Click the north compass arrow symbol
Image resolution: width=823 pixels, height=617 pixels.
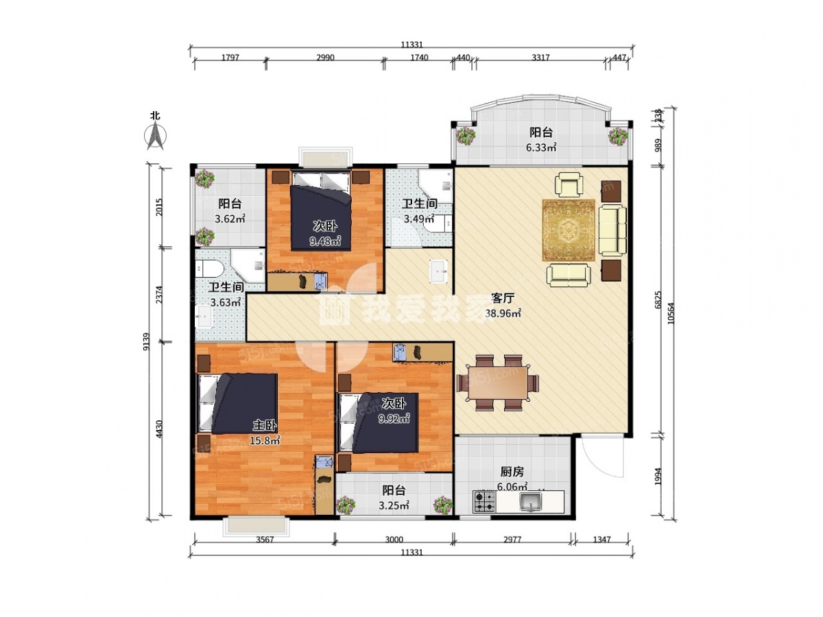pos(156,136)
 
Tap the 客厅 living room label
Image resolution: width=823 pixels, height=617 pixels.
pos(502,298)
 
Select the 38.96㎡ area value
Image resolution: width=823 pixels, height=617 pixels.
pos(503,313)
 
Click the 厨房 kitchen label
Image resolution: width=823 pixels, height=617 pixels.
pos(512,472)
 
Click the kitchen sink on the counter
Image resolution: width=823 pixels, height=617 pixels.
pos(530,502)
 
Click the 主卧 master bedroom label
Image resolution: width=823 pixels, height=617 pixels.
pos(265,425)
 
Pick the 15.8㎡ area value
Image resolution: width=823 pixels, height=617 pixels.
pos(265,441)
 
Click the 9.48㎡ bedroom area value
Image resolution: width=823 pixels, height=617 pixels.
pos(325,241)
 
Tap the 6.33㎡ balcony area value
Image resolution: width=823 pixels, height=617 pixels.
pos(540,147)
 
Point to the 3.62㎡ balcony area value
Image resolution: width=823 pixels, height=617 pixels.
pos(230,219)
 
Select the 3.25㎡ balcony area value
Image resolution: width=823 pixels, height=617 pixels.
pos(394,506)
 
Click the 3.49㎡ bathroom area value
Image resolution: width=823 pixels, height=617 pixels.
pos(419,219)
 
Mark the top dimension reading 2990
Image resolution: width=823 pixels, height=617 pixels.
pos(325,58)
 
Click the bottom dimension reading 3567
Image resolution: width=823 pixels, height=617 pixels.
pos(265,540)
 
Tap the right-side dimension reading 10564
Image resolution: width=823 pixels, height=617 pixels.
pos(671,313)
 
